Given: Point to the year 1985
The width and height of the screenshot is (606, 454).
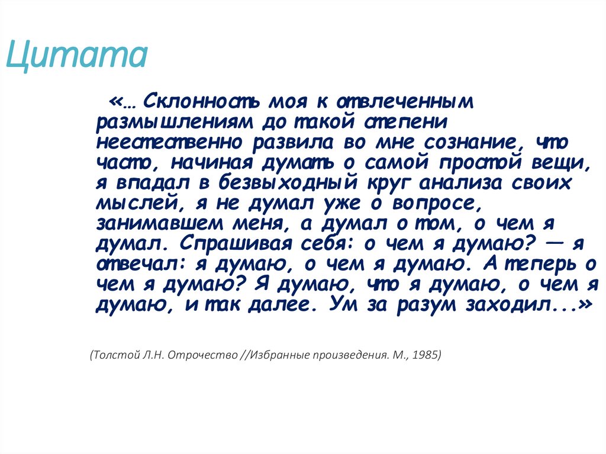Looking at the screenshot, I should pyautogui.click(x=426, y=356).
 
